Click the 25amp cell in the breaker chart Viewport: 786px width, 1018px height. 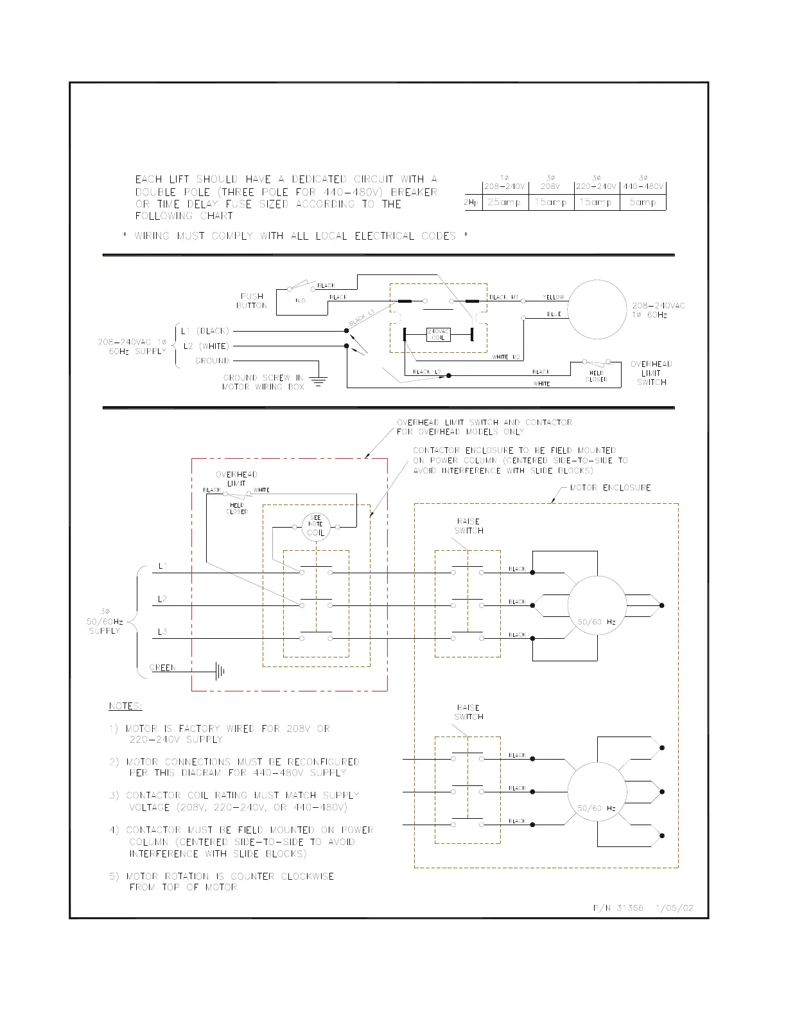(x=503, y=202)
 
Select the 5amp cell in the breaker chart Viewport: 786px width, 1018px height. (x=643, y=202)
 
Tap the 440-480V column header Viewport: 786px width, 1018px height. (x=643, y=187)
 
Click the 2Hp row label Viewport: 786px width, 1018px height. (x=473, y=202)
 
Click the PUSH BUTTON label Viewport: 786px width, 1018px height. (x=252, y=301)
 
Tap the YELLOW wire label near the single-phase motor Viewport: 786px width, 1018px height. (x=553, y=298)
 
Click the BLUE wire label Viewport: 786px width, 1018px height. (x=554, y=314)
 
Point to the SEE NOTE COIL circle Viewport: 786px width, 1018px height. (x=316, y=528)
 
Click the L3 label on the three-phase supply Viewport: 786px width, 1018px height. (x=162, y=632)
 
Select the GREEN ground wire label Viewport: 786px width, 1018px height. (x=162, y=668)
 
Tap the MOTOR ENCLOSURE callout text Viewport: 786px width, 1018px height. (x=611, y=488)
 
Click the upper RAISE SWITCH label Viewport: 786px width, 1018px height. (x=469, y=526)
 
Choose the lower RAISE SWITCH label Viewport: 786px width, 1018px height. (x=469, y=712)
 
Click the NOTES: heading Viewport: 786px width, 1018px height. (x=125, y=706)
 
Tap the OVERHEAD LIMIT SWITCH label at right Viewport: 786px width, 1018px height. (x=651, y=373)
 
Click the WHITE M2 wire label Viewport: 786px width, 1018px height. (x=506, y=357)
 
